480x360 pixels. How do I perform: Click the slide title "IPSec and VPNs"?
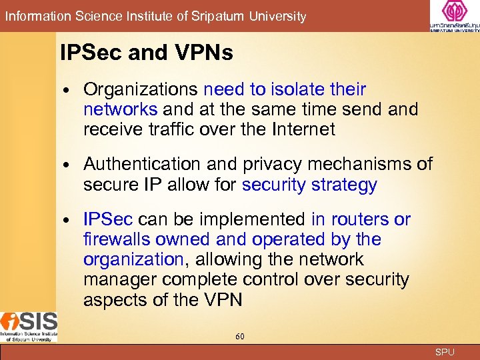coord(146,53)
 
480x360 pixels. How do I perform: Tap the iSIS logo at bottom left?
coord(29,326)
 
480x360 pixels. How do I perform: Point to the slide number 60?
coord(240,337)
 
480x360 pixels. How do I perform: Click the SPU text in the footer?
coord(444,352)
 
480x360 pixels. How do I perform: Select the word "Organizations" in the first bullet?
coord(141,89)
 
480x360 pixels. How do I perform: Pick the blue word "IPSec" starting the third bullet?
coord(108,219)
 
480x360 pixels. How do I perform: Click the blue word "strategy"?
coord(346,185)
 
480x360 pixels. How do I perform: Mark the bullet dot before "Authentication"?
coord(70,165)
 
